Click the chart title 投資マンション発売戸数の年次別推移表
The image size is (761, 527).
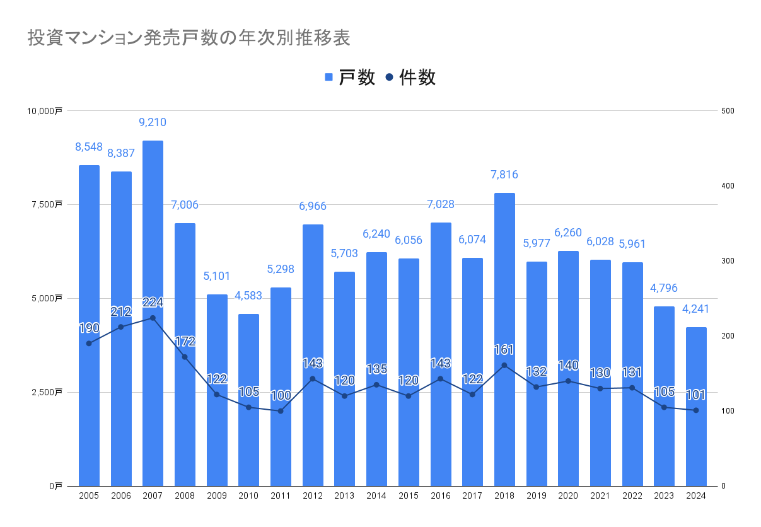point(189,38)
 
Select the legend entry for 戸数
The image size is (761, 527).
point(351,78)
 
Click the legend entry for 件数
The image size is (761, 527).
point(410,78)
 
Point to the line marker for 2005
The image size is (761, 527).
point(89,344)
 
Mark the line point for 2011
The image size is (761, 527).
point(281,411)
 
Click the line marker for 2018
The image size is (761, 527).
point(504,365)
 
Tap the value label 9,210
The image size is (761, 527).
point(153,122)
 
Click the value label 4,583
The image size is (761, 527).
point(248,296)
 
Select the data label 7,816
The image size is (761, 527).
point(504,175)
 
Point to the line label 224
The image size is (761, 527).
point(153,303)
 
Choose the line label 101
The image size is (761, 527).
point(696,395)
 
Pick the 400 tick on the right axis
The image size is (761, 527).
point(728,186)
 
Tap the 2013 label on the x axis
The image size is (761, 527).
point(344,496)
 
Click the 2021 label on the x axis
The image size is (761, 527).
point(600,496)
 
